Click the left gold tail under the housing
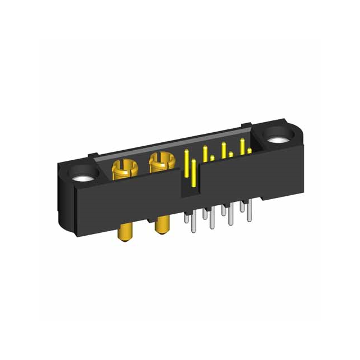(x=124, y=233)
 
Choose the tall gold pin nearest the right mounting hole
(x=242, y=145)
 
